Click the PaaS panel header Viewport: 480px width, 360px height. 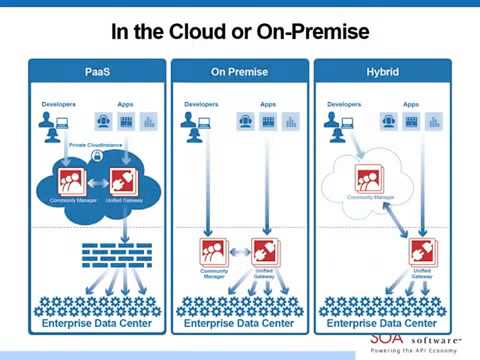[x=97, y=72]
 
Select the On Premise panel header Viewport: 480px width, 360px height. [x=239, y=72]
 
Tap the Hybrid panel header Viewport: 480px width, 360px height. [x=381, y=72]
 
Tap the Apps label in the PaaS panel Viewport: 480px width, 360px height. [x=126, y=103]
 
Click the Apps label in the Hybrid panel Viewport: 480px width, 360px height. [x=410, y=103]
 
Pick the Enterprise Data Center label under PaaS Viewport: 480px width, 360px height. [x=97, y=326]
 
